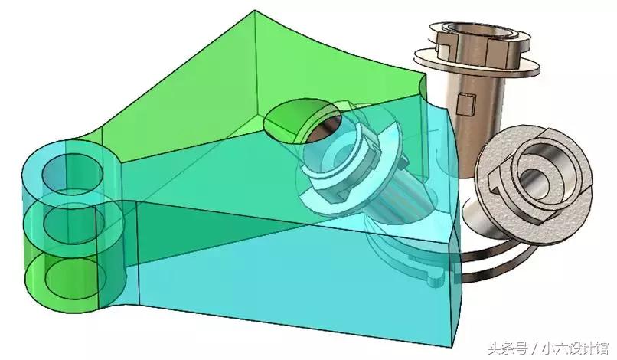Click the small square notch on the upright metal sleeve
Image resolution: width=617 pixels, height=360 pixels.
(467, 104)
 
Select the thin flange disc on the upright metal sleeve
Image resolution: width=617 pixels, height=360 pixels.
(476, 63)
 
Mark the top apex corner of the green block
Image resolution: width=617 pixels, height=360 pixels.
(255, 10)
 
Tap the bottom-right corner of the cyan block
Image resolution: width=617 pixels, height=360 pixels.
(451, 347)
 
